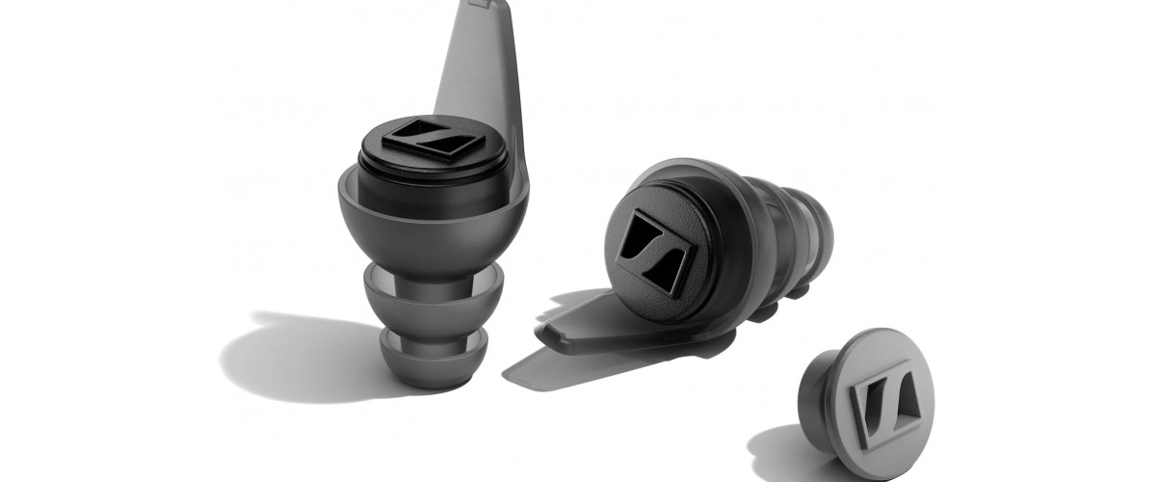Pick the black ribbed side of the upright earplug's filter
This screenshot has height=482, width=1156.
[x=433, y=178]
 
